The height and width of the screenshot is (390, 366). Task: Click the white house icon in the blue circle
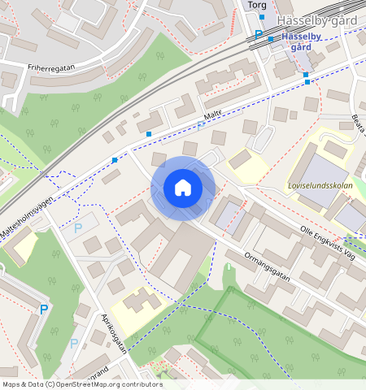183,188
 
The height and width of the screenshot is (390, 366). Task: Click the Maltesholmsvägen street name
31,219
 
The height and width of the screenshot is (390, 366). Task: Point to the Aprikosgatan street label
114,334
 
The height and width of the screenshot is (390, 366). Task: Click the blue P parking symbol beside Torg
259,34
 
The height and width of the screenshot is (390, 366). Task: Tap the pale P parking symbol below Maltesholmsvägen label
78,228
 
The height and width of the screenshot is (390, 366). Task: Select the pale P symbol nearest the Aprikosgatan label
74,343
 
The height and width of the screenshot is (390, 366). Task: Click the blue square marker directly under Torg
262,16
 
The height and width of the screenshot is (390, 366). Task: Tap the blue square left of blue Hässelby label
271,38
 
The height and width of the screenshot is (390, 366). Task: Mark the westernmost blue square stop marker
115,160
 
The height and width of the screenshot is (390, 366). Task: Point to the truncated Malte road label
212,119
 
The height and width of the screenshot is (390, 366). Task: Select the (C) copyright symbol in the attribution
50,383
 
